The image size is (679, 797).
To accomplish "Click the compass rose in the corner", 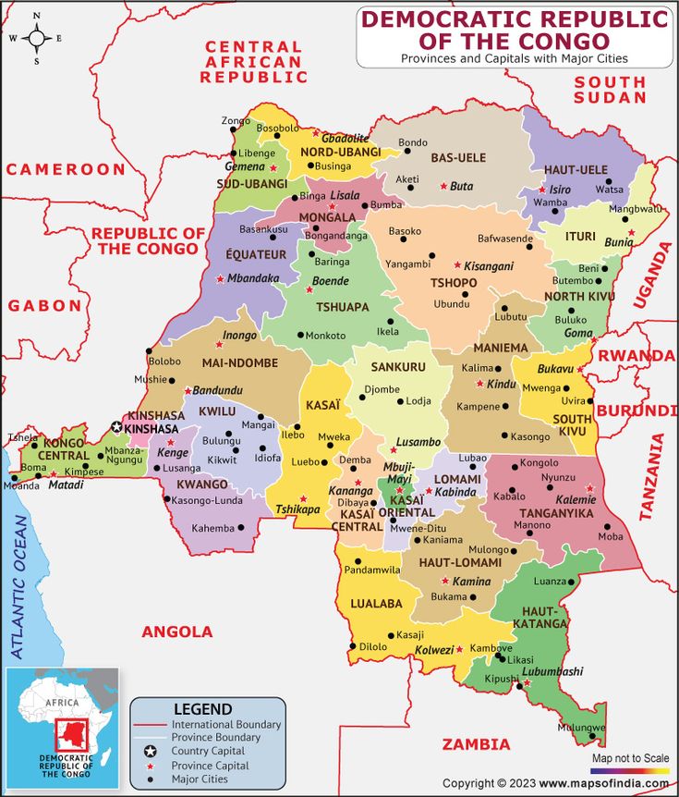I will click(36, 39).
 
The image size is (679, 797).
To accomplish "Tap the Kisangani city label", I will click(488, 265).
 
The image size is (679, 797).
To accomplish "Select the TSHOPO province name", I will click(454, 283).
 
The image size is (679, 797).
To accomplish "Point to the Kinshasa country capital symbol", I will click(116, 427).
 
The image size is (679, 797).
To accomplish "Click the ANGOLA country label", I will click(176, 631).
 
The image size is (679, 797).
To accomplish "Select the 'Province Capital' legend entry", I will click(210, 766).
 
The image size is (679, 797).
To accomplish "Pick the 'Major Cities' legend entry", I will click(200, 779).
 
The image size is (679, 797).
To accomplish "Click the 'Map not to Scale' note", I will click(630, 758).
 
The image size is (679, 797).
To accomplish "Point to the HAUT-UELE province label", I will click(576, 170).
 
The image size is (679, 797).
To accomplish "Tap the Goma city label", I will click(578, 333).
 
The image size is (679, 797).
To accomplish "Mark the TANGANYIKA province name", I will click(556, 513).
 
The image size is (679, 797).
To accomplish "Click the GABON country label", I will click(43, 305).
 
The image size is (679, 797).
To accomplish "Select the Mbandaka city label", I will click(252, 277).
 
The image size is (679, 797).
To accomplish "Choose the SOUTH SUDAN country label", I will click(610, 89).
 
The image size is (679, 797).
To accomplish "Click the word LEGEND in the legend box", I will click(202, 708).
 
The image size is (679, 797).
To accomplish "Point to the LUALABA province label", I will click(376, 604).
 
